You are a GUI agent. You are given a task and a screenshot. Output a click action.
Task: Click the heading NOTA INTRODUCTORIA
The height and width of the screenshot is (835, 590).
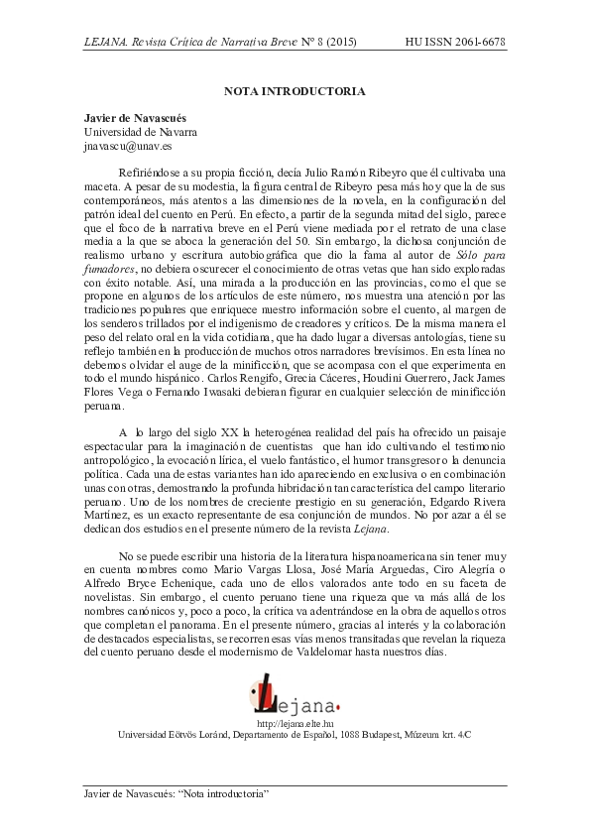[295, 91]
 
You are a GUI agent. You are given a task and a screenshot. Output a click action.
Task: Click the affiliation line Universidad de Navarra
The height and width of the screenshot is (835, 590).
[139, 131]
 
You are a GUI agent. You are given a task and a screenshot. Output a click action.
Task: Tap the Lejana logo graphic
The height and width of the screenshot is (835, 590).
[295, 693]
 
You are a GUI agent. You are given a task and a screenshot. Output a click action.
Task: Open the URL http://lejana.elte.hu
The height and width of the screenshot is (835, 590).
[295, 725]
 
